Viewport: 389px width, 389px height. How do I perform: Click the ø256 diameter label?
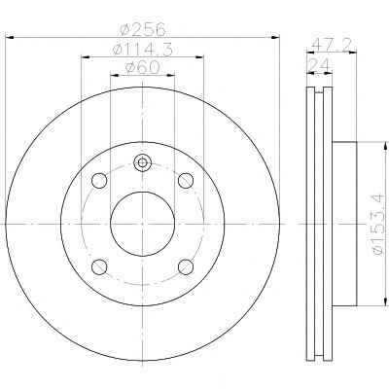(x=143, y=29)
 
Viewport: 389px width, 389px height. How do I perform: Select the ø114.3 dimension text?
(x=142, y=50)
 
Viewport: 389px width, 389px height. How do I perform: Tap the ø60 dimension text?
(x=143, y=68)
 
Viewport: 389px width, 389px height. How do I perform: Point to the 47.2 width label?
(x=332, y=45)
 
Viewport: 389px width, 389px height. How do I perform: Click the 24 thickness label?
(x=319, y=65)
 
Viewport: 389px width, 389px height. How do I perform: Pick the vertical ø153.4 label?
(x=379, y=224)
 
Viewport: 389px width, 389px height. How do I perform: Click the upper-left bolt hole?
(x=99, y=181)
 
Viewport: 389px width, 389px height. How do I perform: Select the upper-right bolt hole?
(x=186, y=181)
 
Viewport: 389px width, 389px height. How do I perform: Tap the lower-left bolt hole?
(x=99, y=267)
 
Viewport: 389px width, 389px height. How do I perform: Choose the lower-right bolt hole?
(x=186, y=267)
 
